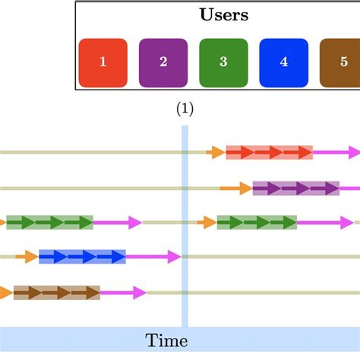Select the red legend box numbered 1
[x=103, y=63]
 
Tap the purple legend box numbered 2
[x=163, y=63]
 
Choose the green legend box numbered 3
[x=223, y=63]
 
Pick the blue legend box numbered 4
[x=283, y=63]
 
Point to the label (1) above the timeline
[x=185, y=109]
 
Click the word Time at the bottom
[x=167, y=340]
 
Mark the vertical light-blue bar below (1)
[x=185, y=228]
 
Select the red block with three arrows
[x=270, y=153]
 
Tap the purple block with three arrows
[x=296, y=188]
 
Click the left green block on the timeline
[x=49, y=223]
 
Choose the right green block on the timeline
[x=257, y=223]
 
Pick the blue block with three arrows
[x=82, y=257]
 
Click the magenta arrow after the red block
[x=336, y=153]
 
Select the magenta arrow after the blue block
[x=153, y=257]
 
